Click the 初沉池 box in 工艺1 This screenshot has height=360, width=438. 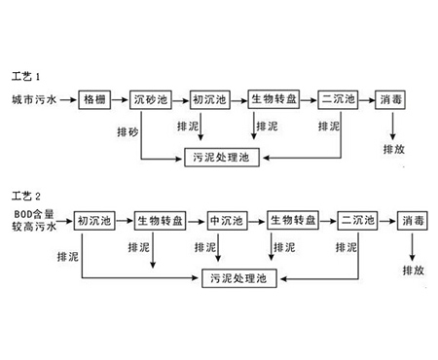pyautogui.click(x=208, y=99)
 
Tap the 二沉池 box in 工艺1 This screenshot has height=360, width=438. pyautogui.click(x=338, y=99)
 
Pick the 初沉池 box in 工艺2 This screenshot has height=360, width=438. pyautogui.click(x=92, y=221)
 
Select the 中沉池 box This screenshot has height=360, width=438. pyautogui.click(x=226, y=221)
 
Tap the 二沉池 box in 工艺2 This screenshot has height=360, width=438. pyautogui.click(x=355, y=221)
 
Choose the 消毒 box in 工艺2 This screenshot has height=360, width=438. pyautogui.click(x=411, y=221)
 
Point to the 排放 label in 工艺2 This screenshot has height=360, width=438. pyautogui.click(x=411, y=268)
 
